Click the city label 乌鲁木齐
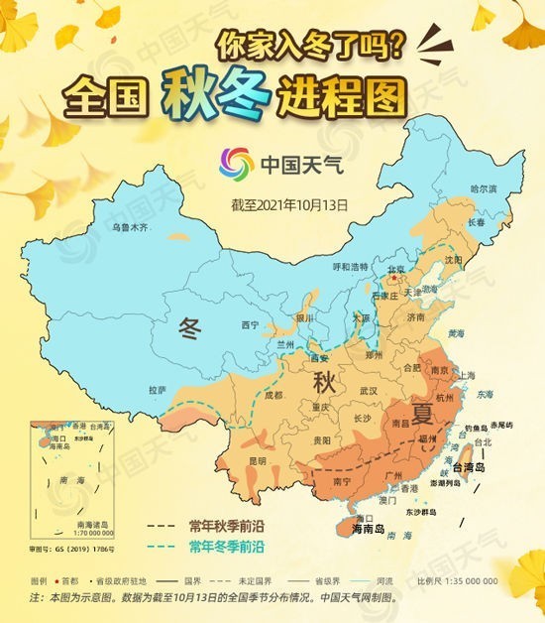pyautogui.click(x=129, y=227)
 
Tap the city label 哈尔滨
pyautogui.click(x=482, y=187)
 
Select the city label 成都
pyautogui.click(x=273, y=395)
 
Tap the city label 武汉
pyautogui.click(x=369, y=390)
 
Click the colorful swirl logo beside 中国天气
pyautogui.click(x=236, y=163)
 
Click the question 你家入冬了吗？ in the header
pyautogui.click(x=311, y=45)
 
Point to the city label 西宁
pyautogui.click(x=250, y=324)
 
